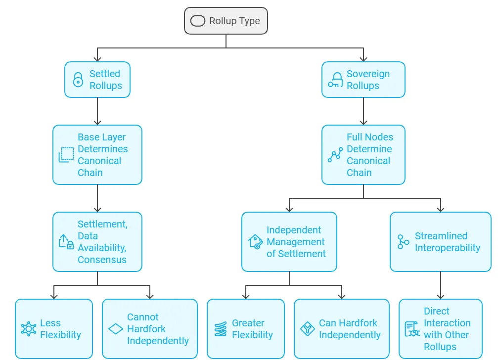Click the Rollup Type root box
coord(226,21)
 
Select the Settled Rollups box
coord(97,79)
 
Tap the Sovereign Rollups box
coord(363,79)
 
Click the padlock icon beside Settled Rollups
coord(78,80)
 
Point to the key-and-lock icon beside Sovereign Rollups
coord(335,80)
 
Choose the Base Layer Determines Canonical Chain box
coord(97,155)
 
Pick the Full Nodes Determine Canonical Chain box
coord(363,155)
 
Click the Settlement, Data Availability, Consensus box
coord(97,242)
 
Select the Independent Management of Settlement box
coord(289,242)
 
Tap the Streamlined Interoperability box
coord(441,242)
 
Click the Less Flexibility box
coord(54,328)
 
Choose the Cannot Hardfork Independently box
coord(150,328)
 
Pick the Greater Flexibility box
coord(246,328)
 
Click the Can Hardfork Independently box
coord(342,328)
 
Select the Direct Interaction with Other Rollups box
coord(441,328)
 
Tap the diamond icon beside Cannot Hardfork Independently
coord(116,329)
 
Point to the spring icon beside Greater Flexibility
coord(221,329)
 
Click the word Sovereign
coord(368,74)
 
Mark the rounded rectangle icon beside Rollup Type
coord(197,21)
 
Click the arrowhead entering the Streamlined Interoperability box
coord(441,209)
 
